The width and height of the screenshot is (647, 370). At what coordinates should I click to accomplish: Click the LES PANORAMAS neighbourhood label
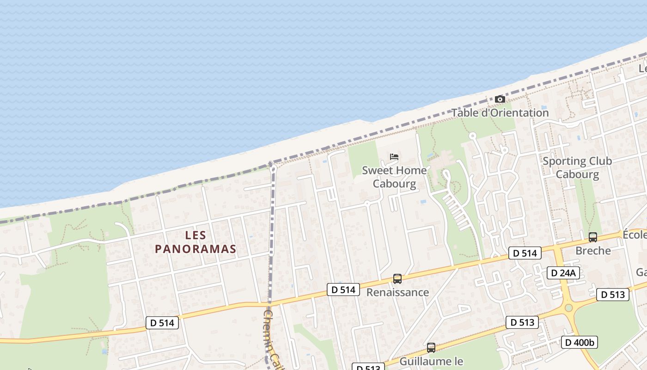[x=195, y=242]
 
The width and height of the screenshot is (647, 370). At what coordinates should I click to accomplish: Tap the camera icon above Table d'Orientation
[x=500, y=99]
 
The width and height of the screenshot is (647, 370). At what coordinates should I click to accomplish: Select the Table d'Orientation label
[x=500, y=112]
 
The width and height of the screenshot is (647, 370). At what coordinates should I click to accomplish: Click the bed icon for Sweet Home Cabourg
[x=394, y=157]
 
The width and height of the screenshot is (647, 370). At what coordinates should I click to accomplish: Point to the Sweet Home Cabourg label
[x=394, y=177]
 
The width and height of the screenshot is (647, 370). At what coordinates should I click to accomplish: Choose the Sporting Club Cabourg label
[x=577, y=167]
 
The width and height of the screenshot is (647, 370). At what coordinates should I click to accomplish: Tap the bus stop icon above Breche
[x=593, y=237]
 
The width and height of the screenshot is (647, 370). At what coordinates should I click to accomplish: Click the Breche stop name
[x=593, y=251]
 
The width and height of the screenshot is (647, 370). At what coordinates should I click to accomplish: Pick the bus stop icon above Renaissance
[x=397, y=279]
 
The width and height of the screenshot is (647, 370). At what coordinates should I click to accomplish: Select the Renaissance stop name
[x=397, y=292]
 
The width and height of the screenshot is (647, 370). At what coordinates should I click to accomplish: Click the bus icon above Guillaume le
[x=431, y=347]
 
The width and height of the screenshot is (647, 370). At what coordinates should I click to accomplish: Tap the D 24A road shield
[x=563, y=273]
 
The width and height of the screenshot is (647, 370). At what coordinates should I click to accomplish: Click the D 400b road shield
[x=580, y=342]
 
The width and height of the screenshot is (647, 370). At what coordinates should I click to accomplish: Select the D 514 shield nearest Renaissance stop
[x=343, y=290]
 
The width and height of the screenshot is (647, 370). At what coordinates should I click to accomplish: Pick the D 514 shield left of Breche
[x=525, y=253]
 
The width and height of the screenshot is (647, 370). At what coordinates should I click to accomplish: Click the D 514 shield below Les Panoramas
[x=162, y=323]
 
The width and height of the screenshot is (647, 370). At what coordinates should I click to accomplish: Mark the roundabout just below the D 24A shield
[x=568, y=308]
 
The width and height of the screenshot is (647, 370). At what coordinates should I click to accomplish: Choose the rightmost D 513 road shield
[x=612, y=295]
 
